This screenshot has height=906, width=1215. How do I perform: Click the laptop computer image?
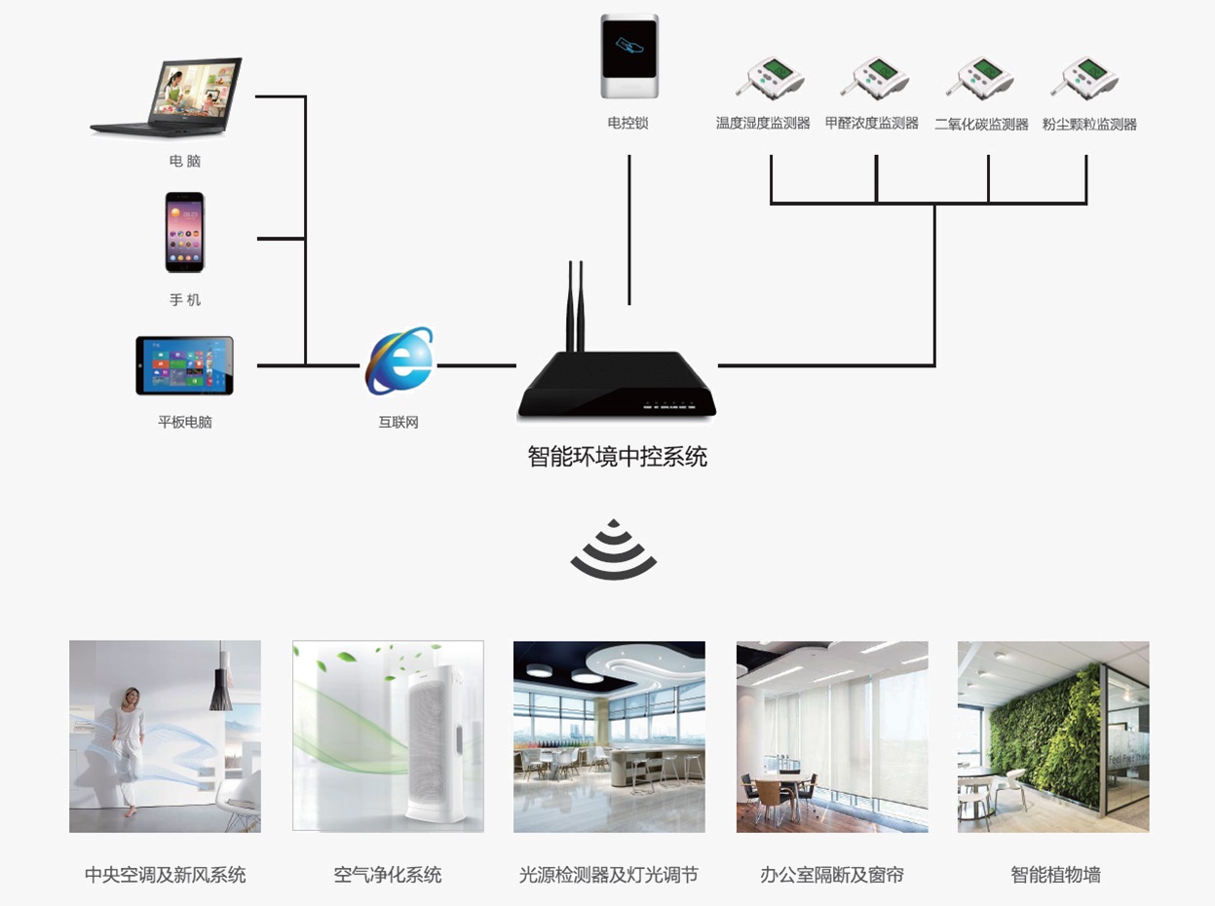(168, 97)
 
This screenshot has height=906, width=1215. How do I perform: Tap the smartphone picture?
(184, 232)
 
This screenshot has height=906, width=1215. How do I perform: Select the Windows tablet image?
(184, 365)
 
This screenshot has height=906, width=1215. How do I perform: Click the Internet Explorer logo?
(399, 362)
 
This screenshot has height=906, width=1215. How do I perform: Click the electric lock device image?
(628, 56)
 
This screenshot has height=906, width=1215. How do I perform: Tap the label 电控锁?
(627, 123)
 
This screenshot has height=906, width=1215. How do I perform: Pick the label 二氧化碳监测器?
(981, 125)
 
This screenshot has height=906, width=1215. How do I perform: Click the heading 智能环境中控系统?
(617, 456)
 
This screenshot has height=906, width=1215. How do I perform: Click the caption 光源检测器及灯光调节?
(609, 875)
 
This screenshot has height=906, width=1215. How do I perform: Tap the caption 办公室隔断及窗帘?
(831, 875)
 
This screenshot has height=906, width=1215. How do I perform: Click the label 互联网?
(399, 423)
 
